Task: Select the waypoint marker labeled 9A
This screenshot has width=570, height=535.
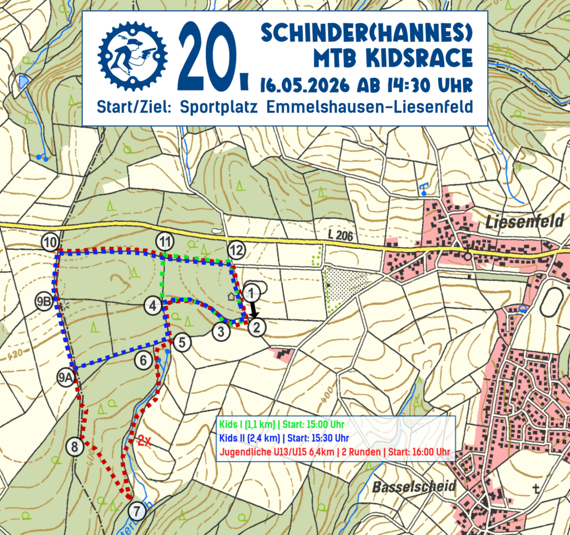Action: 66,378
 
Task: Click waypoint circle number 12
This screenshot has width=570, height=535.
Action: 237,250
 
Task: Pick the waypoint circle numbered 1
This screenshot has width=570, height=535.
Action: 252,292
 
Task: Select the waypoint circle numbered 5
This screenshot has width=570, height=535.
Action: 181,343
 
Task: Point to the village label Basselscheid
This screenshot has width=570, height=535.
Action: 415,487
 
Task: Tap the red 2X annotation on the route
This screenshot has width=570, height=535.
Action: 145,442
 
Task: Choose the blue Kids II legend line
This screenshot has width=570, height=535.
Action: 284,437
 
